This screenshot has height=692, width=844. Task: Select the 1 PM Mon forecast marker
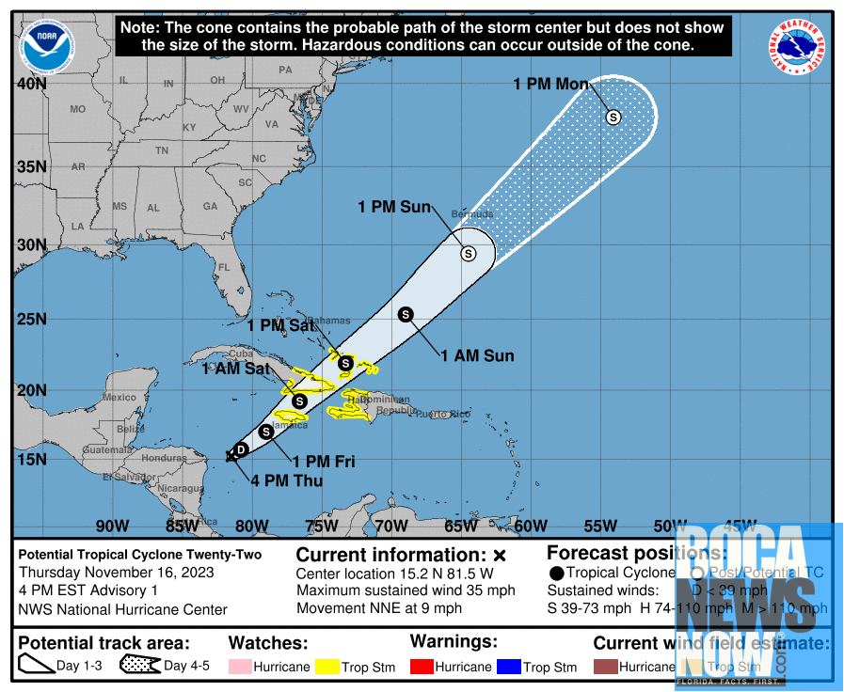pos(613,118)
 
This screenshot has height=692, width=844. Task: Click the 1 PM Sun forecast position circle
pos(468,253)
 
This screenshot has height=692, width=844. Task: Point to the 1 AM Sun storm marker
pos(406,314)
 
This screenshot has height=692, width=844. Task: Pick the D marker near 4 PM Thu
pos(241,449)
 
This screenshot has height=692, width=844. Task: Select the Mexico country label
pos(119,398)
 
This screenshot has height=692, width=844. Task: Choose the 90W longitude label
pos(112,525)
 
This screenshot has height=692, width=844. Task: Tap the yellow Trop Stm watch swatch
pos(327,667)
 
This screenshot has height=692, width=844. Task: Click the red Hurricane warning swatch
pos(422,667)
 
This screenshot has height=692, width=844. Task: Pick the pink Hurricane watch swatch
pos(241,667)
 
